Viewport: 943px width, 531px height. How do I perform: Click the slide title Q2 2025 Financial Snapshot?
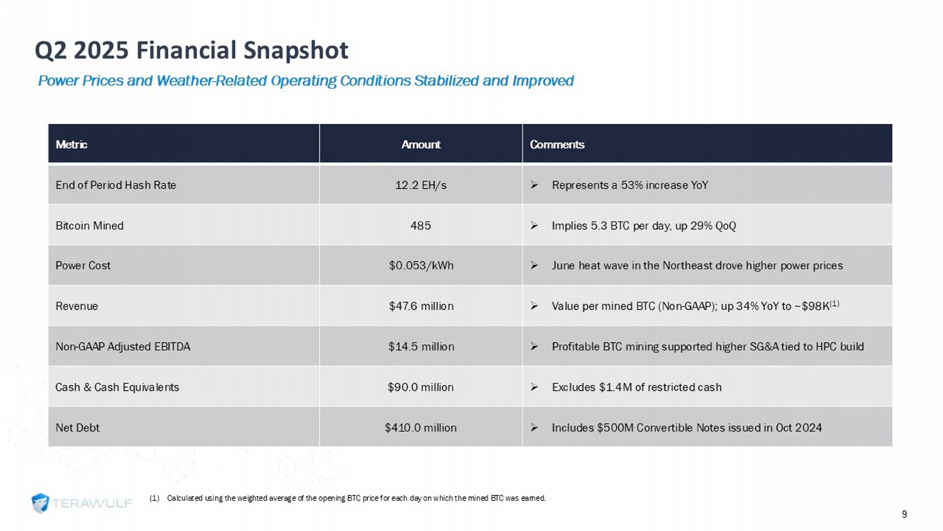tap(191, 50)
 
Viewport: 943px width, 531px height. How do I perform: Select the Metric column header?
tap(71, 145)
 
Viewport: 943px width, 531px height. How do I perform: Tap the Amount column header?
tap(421, 145)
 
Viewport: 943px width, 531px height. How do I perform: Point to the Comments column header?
tap(557, 145)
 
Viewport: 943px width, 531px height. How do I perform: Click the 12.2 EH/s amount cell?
tap(421, 185)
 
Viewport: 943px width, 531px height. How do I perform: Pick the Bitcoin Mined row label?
tap(89, 226)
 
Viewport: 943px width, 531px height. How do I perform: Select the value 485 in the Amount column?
tap(421, 226)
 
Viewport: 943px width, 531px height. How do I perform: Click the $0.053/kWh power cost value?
tap(421, 265)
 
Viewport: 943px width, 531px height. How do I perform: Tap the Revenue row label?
tap(77, 306)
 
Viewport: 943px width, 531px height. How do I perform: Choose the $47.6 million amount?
tap(421, 306)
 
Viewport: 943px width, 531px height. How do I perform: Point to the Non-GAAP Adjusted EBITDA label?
tap(123, 347)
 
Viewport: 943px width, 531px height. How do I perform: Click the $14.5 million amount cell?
tap(421, 347)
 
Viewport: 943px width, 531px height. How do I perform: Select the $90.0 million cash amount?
tap(421, 388)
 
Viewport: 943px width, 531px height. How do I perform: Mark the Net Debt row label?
tap(77, 428)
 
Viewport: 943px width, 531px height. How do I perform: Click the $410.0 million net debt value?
tap(421, 428)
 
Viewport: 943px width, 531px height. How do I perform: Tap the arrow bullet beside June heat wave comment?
tap(534, 265)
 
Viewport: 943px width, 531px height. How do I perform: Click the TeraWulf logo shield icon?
tap(40, 503)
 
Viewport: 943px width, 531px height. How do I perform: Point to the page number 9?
tap(904, 515)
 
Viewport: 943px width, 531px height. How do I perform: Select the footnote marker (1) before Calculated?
tap(154, 498)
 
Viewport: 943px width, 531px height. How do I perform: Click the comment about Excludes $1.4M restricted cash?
tap(636, 388)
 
